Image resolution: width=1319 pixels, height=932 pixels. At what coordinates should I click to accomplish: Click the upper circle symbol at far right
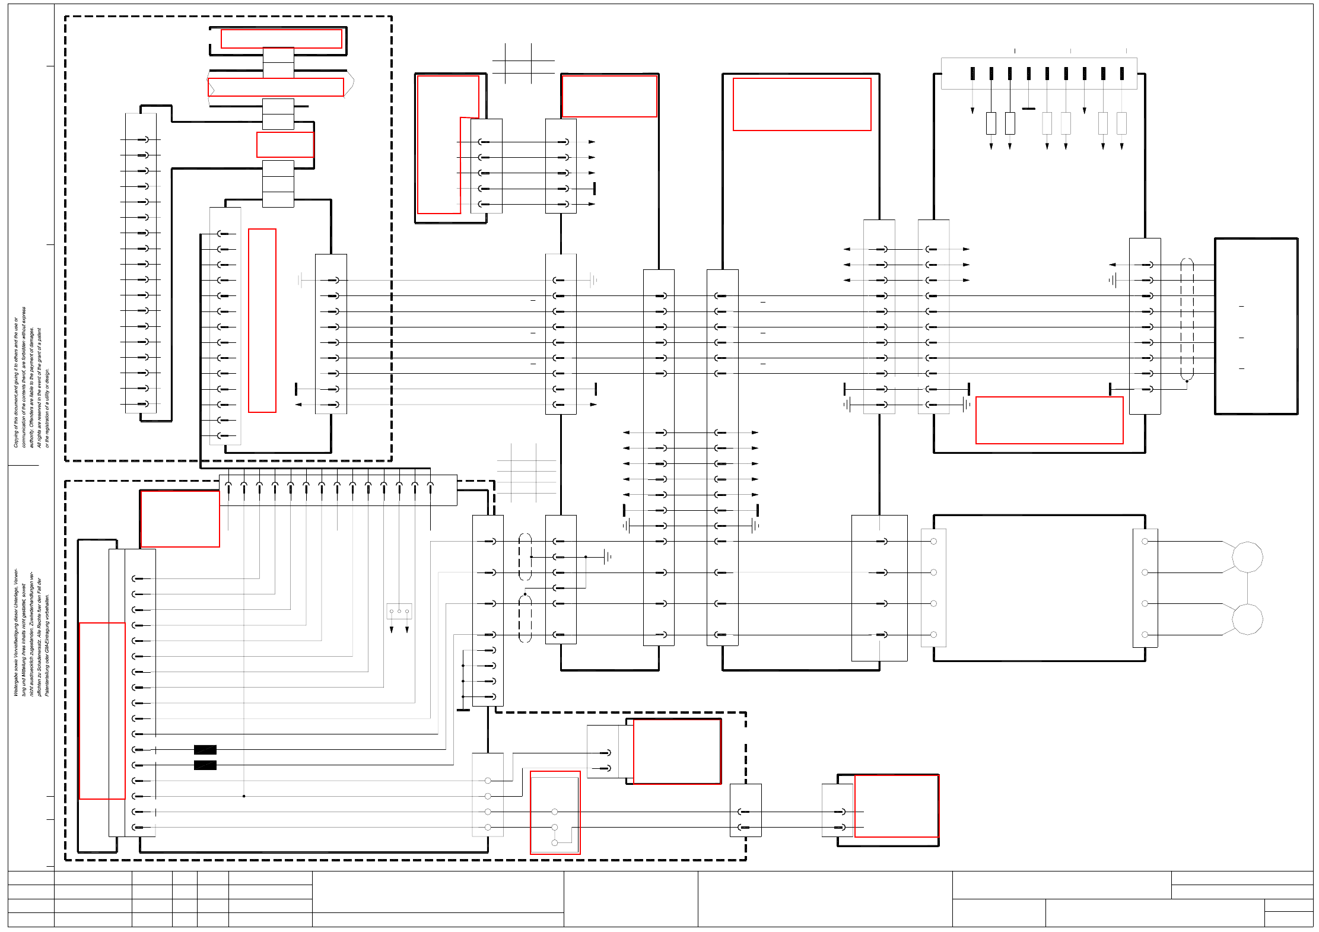click(1247, 557)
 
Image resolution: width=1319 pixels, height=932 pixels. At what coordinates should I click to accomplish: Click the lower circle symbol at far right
click(1247, 619)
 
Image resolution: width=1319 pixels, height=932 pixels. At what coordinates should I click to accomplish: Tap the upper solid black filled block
click(205, 750)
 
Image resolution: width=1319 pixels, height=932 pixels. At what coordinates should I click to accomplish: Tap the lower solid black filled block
click(205, 765)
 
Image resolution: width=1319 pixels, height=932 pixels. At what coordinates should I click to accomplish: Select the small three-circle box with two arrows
click(399, 611)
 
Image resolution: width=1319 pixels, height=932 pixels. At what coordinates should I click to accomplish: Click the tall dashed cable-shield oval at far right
click(1187, 319)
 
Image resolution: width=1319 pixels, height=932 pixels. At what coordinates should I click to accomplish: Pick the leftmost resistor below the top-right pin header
click(991, 123)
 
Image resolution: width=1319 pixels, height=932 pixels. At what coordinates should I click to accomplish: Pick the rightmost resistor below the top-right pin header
click(1121, 123)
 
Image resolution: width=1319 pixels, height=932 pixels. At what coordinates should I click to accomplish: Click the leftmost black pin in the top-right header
click(972, 74)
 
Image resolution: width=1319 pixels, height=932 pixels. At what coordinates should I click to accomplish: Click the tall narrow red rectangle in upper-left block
click(262, 320)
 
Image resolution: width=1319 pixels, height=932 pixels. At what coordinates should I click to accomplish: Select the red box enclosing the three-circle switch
click(555, 813)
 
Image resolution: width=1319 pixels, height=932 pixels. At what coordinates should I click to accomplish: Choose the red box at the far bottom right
click(896, 806)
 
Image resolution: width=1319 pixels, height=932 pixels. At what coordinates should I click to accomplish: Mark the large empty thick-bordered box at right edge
click(1256, 326)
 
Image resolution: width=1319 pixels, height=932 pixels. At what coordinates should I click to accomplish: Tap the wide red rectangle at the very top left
click(281, 39)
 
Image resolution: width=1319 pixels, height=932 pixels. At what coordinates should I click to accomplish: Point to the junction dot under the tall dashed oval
click(1187, 381)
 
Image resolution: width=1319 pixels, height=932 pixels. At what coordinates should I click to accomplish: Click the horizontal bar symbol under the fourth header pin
click(1029, 109)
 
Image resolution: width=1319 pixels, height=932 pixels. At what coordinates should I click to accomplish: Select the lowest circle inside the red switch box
click(555, 842)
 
